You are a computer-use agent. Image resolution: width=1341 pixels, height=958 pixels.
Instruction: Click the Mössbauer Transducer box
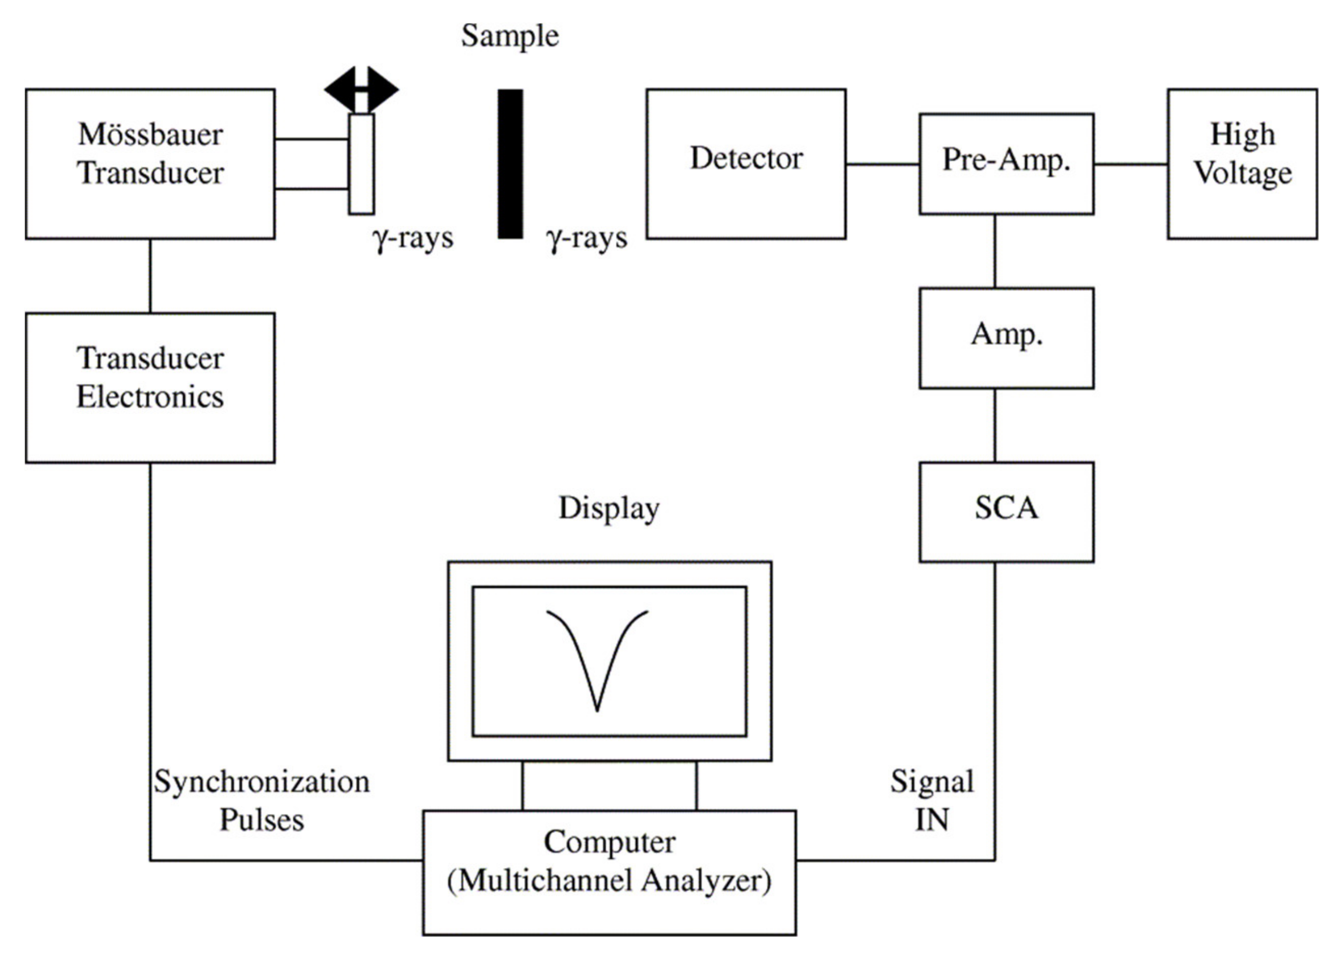(x=150, y=164)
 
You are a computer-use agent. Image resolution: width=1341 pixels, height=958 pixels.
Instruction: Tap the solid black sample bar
(x=510, y=164)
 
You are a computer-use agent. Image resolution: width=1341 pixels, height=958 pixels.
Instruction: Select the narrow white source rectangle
(x=361, y=164)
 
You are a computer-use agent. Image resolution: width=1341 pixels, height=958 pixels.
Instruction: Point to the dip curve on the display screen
(x=596, y=661)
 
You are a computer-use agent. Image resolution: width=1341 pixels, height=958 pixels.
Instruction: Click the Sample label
(x=510, y=35)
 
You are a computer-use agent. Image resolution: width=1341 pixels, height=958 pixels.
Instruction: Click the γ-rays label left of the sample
(x=413, y=238)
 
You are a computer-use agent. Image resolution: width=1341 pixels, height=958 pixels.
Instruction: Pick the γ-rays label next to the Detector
(x=587, y=238)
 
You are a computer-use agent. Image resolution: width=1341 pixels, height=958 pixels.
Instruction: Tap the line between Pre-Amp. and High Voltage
(x=1130, y=164)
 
